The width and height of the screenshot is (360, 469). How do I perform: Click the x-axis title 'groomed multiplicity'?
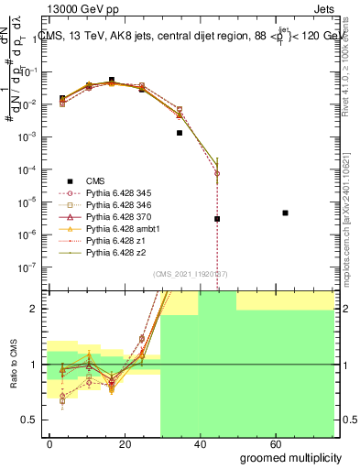[x=290, y=456]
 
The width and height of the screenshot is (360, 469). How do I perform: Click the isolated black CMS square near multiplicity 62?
[x=286, y=213]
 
